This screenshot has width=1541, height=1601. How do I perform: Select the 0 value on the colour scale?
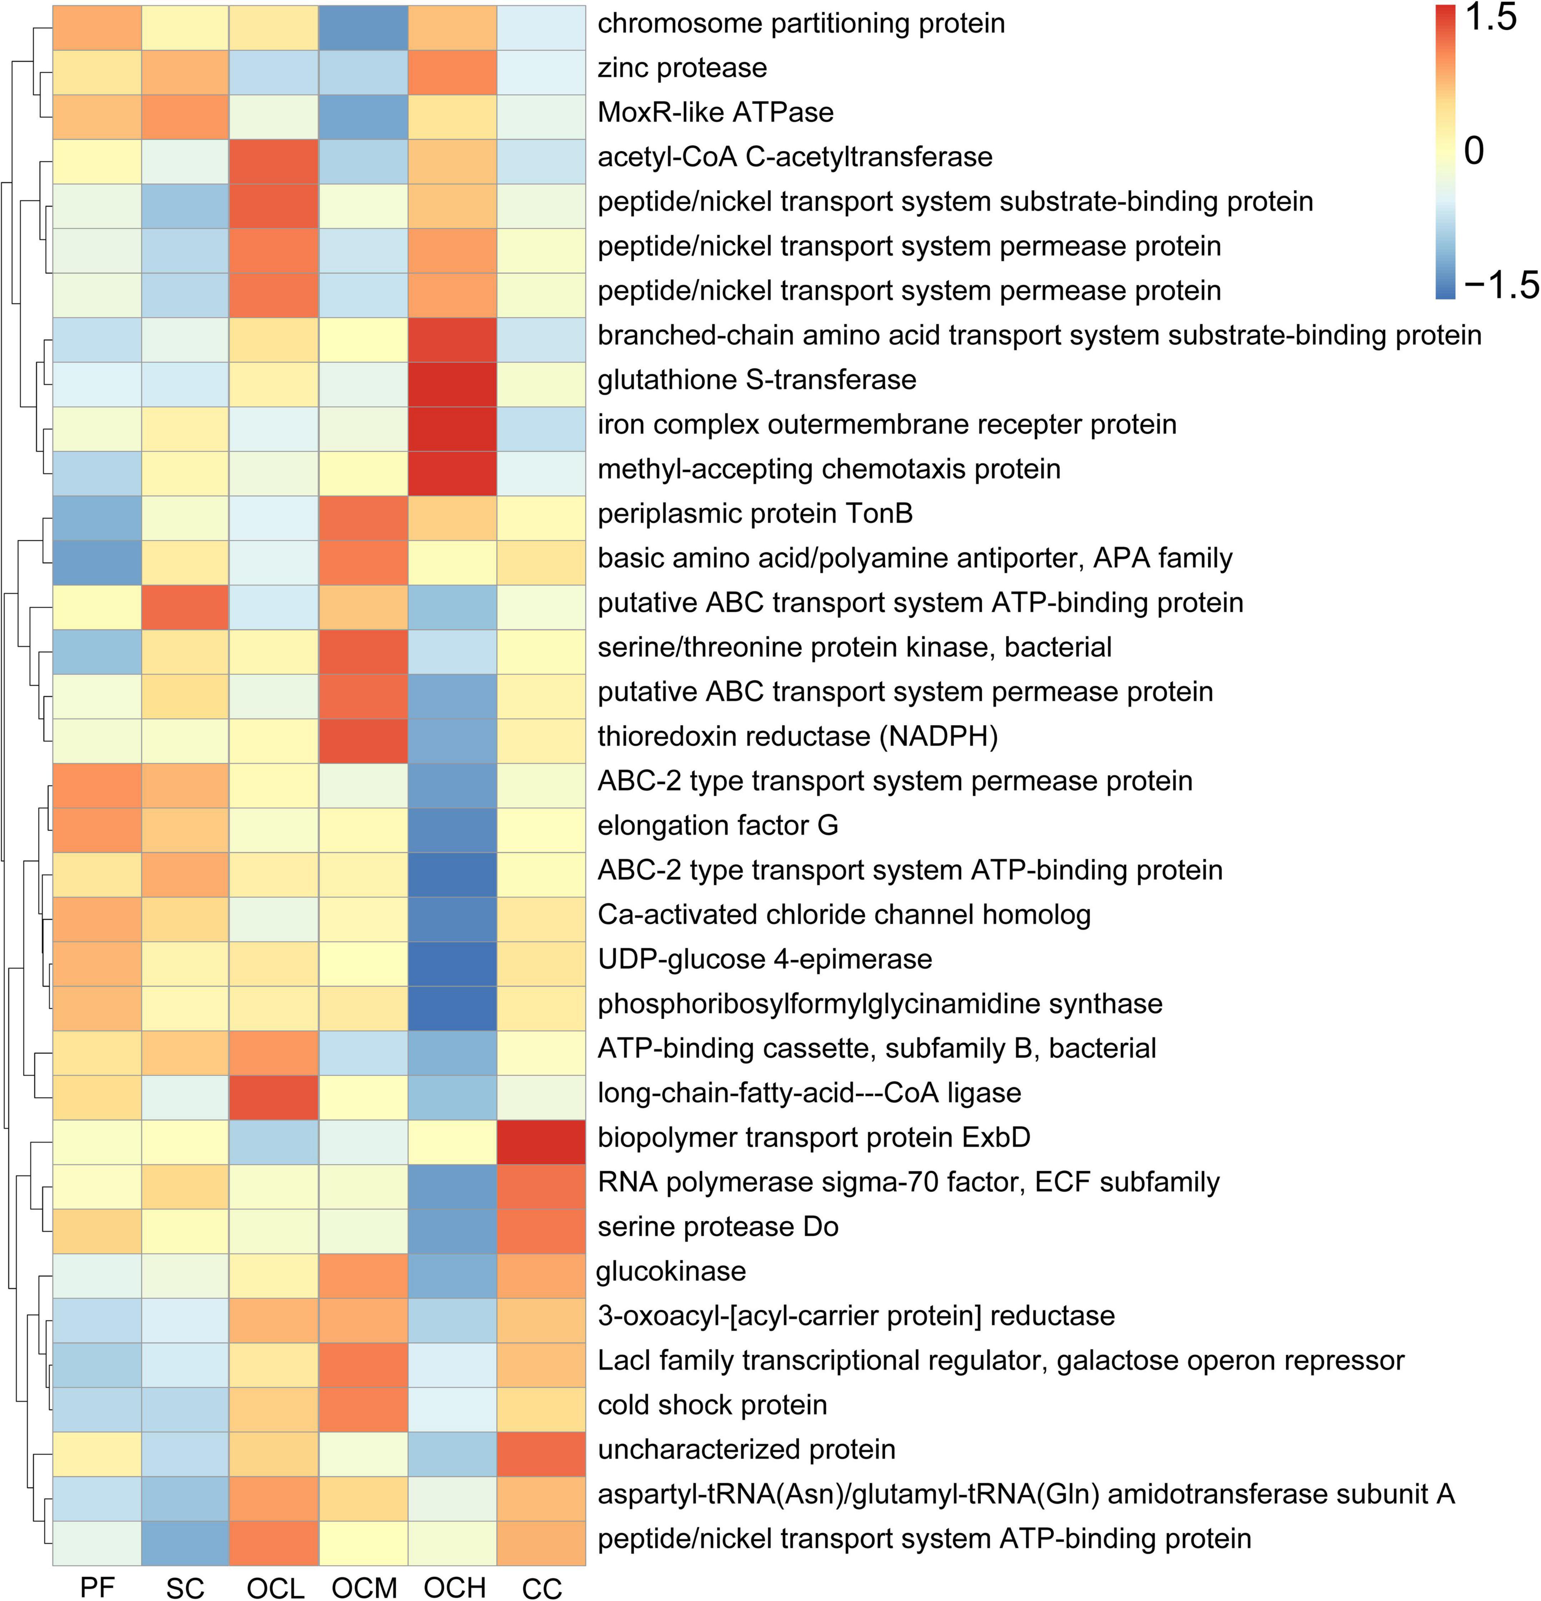[1473, 151]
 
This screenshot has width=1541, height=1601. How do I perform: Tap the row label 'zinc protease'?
[682, 68]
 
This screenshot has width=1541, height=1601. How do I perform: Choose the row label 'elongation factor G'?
[717, 825]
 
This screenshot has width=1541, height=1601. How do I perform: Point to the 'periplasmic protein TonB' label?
[755, 513]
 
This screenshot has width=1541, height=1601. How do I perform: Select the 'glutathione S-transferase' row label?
[757, 380]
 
